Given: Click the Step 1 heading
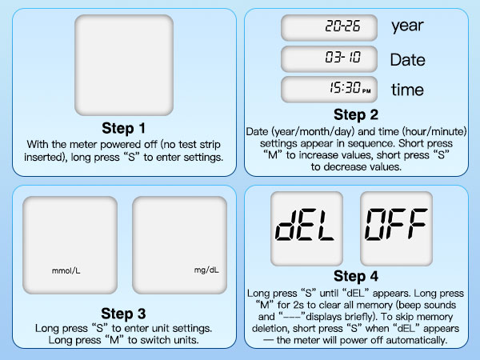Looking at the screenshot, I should [124, 128].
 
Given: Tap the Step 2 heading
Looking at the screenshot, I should [356, 114].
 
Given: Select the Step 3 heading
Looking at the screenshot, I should [124, 312].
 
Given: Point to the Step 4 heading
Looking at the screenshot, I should [356, 277].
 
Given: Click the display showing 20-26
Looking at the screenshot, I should [330, 26].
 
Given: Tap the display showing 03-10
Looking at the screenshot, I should [330, 58].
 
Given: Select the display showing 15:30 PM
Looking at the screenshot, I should [330, 90].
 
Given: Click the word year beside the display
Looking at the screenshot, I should [407, 26].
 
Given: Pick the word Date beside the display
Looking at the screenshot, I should [407, 59].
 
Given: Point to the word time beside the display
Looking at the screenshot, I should [407, 90].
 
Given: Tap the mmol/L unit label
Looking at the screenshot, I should [66, 270].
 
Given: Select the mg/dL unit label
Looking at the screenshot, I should [206, 270].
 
